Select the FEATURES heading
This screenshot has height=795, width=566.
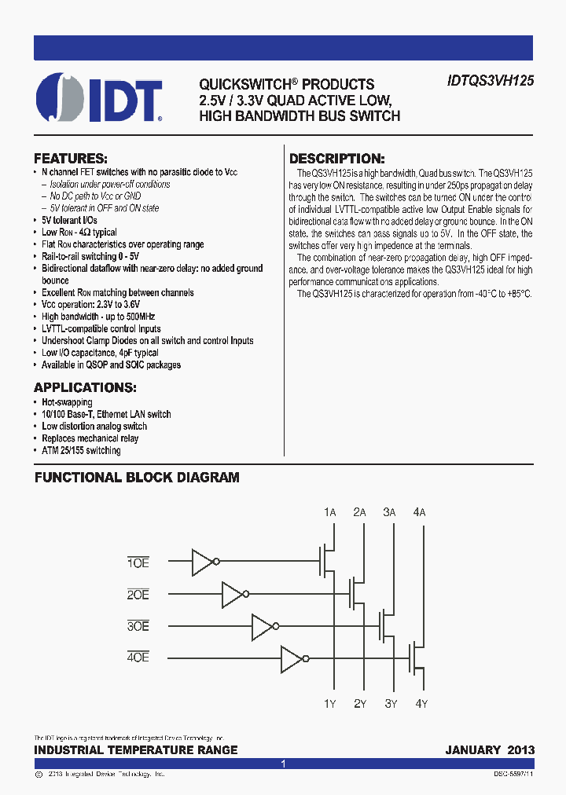coord(71,157)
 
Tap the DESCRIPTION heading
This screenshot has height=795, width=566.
coord(337,158)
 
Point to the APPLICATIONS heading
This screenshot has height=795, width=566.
coord(85,387)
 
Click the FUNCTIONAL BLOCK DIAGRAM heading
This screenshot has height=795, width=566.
coord(137,478)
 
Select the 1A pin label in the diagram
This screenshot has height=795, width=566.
coord(330,512)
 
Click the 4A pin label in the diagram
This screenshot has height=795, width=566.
coord(419,512)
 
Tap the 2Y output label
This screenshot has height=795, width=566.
coord(360,703)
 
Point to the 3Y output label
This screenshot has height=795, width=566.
coord(390,703)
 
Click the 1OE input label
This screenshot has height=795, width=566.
coord(138,562)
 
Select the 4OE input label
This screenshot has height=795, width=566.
coord(138,658)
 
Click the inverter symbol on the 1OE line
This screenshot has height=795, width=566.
coord(205,562)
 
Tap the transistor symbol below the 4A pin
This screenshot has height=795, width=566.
coord(416,658)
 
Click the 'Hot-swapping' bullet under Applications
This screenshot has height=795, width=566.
coord(67,402)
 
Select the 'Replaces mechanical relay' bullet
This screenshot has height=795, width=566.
coord(90,438)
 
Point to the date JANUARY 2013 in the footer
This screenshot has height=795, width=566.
coord(489,749)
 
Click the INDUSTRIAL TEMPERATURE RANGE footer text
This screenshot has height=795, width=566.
coord(136,749)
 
